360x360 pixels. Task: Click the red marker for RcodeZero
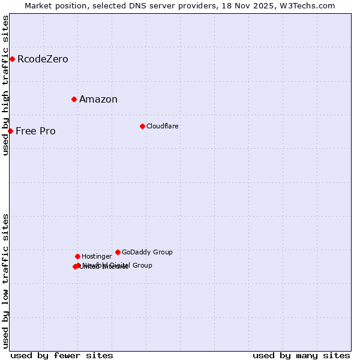click(x=12, y=59)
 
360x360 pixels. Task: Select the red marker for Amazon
click(x=74, y=99)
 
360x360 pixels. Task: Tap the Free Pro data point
click(x=10, y=131)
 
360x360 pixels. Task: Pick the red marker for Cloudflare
click(x=142, y=126)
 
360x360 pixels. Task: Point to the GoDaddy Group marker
click(x=118, y=252)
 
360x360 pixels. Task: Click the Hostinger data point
click(x=77, y=256)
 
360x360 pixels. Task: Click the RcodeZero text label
click(x=43, y=59)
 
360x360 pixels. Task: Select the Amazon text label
click(x=98, y=100)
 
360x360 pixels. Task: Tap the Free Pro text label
click(x=35, y=131)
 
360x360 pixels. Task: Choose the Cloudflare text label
click(x=163, y=126)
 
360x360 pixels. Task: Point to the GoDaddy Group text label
click(x=147, y=252)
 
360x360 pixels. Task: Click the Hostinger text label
click(x=97, y=256)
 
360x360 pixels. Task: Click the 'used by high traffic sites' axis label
click(x=5, y=85)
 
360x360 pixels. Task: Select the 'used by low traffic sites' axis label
click(x=5, y=280)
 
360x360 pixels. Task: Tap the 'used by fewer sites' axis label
click(x=62, y=355)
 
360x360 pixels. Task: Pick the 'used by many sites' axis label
click(x=301, y=355)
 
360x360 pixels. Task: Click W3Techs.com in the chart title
click(x=307, y=6)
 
